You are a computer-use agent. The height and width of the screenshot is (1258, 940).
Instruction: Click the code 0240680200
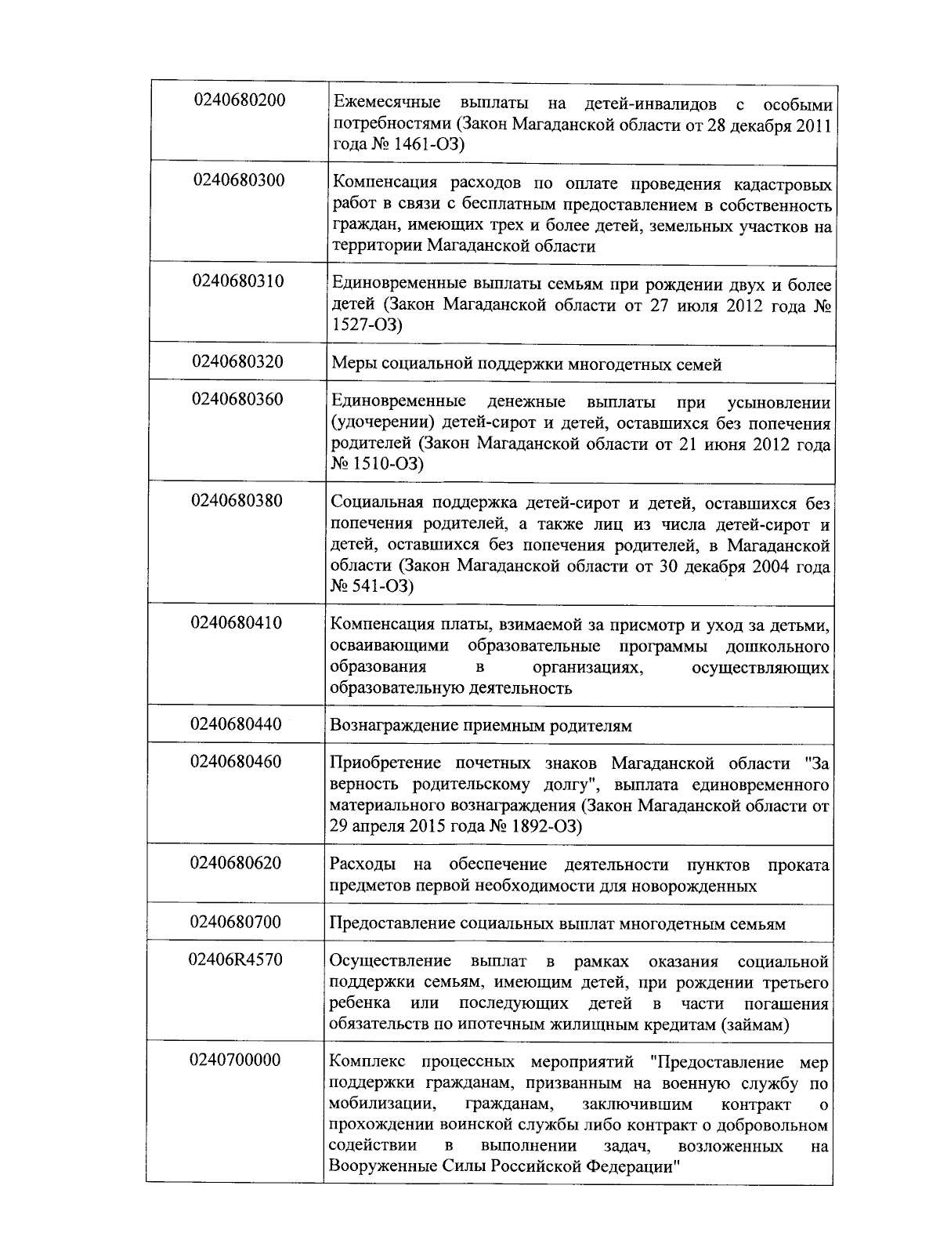(239, 100)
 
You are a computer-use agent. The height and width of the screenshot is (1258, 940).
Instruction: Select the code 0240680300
(239, 180)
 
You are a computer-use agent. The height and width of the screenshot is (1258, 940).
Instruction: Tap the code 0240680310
(238, 281)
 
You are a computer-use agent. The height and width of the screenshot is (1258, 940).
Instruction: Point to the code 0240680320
(238, 361)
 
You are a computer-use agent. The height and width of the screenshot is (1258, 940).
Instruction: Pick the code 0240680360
(237, 399)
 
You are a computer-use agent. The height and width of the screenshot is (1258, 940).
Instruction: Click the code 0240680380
(237, 500)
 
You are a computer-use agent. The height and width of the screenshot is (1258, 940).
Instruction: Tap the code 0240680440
(236, 723)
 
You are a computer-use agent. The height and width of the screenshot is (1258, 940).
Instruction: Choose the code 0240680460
(236, 761)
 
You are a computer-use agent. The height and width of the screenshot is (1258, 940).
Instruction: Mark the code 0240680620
(236, 862)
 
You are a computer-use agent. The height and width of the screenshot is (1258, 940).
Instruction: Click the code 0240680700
(236, 921)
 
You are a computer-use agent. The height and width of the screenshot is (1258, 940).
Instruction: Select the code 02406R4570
(236, 959)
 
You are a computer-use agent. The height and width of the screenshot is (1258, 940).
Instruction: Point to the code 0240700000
(235, 1060)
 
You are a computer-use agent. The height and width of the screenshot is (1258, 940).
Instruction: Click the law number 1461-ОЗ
(427, 145)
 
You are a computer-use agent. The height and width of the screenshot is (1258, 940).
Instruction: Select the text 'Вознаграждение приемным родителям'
(480, 726)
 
